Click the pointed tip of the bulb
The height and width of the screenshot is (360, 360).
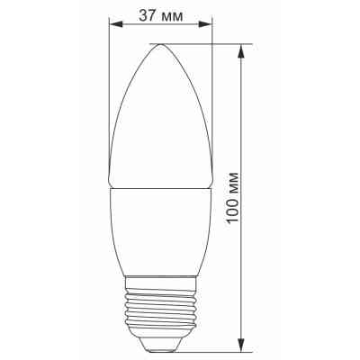point(160,44)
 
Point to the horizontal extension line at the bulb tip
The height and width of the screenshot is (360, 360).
point(207,43)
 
